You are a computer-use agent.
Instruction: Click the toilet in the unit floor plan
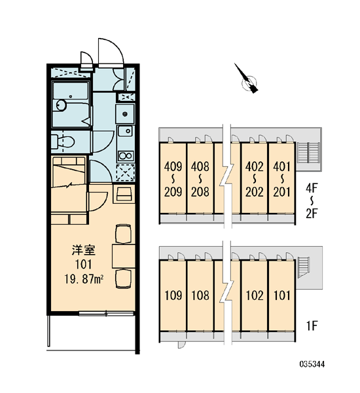coord(63,142)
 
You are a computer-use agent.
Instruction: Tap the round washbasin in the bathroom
coord(61,105)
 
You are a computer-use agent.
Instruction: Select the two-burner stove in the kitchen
coord(126,156)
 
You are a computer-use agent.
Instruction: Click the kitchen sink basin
coord(126,131)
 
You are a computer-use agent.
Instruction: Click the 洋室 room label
coord(83,250)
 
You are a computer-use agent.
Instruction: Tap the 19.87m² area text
coord(84,279)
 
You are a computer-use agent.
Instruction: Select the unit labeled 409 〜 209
coord(173,178)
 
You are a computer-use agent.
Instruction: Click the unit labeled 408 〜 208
coord(200,178)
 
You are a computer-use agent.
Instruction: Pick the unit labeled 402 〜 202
coord(254,178)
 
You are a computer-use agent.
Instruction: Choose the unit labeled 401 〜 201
coord(281,178)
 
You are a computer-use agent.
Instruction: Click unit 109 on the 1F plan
coord(173,296)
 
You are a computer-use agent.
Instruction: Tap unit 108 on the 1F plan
coord(200,296)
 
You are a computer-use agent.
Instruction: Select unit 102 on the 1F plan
coord(254,296)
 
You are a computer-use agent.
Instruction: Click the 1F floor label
coord(312,326)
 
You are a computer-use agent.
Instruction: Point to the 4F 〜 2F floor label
coord(312,201)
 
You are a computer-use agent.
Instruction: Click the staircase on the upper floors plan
coord(308,153)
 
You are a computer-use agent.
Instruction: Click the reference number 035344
coord(312,364)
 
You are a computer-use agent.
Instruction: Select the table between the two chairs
coord(124,256)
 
